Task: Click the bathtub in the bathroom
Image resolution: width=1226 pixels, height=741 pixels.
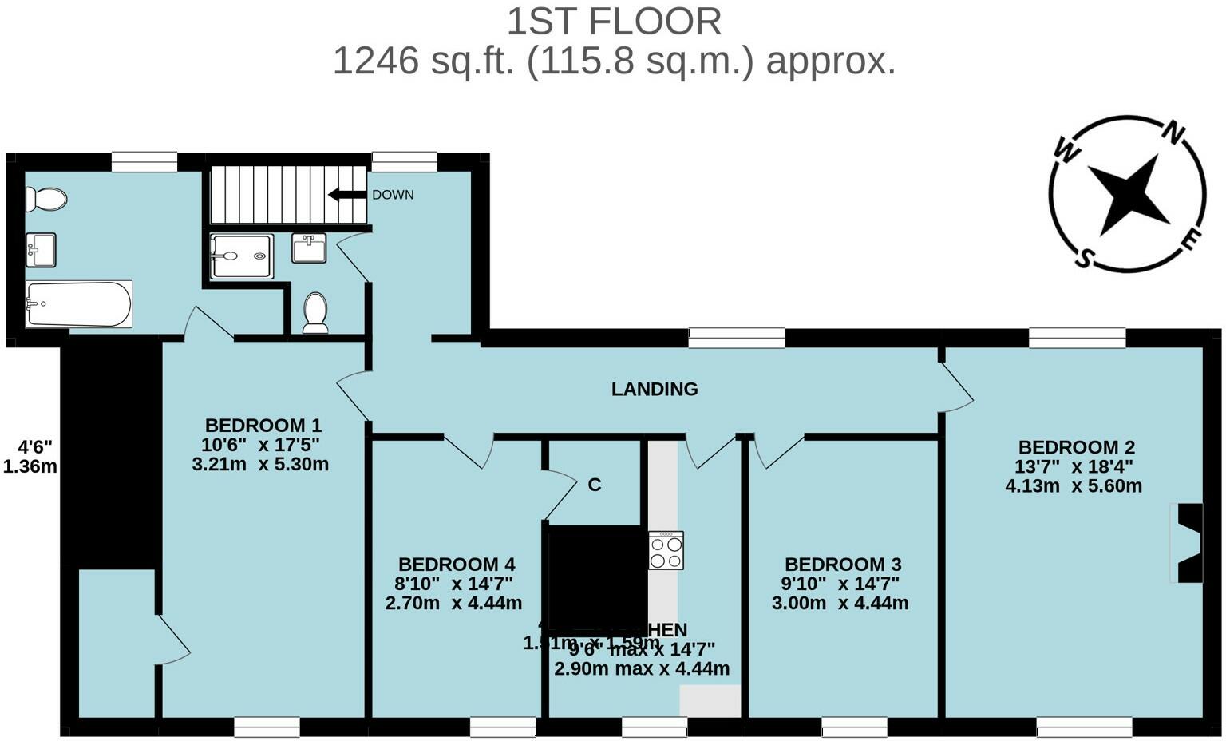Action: [78, 304]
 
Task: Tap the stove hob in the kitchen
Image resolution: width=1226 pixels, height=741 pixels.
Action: [666, 551]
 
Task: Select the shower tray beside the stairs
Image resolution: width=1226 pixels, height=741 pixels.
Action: [242, 256]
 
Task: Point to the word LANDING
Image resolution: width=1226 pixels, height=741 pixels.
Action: [655, 389]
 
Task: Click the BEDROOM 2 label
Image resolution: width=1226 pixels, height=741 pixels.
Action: [1076, 447]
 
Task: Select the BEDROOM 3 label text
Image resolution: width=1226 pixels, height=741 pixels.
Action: [843, 565]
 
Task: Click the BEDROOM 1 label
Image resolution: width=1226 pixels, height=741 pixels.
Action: [263, 425]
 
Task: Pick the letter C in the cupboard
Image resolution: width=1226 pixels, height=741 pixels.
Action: [594, 485]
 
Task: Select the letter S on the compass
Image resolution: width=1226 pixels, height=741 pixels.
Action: [1084, 258]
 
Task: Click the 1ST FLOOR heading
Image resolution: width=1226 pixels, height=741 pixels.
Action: [614, 22]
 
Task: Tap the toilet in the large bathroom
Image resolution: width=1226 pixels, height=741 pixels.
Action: [45, 199]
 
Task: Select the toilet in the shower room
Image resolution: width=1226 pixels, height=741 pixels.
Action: [315, 312]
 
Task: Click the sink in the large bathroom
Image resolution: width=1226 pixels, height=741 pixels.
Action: [41, 249]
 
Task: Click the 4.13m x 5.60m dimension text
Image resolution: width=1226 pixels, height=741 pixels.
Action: [1073, 485]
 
